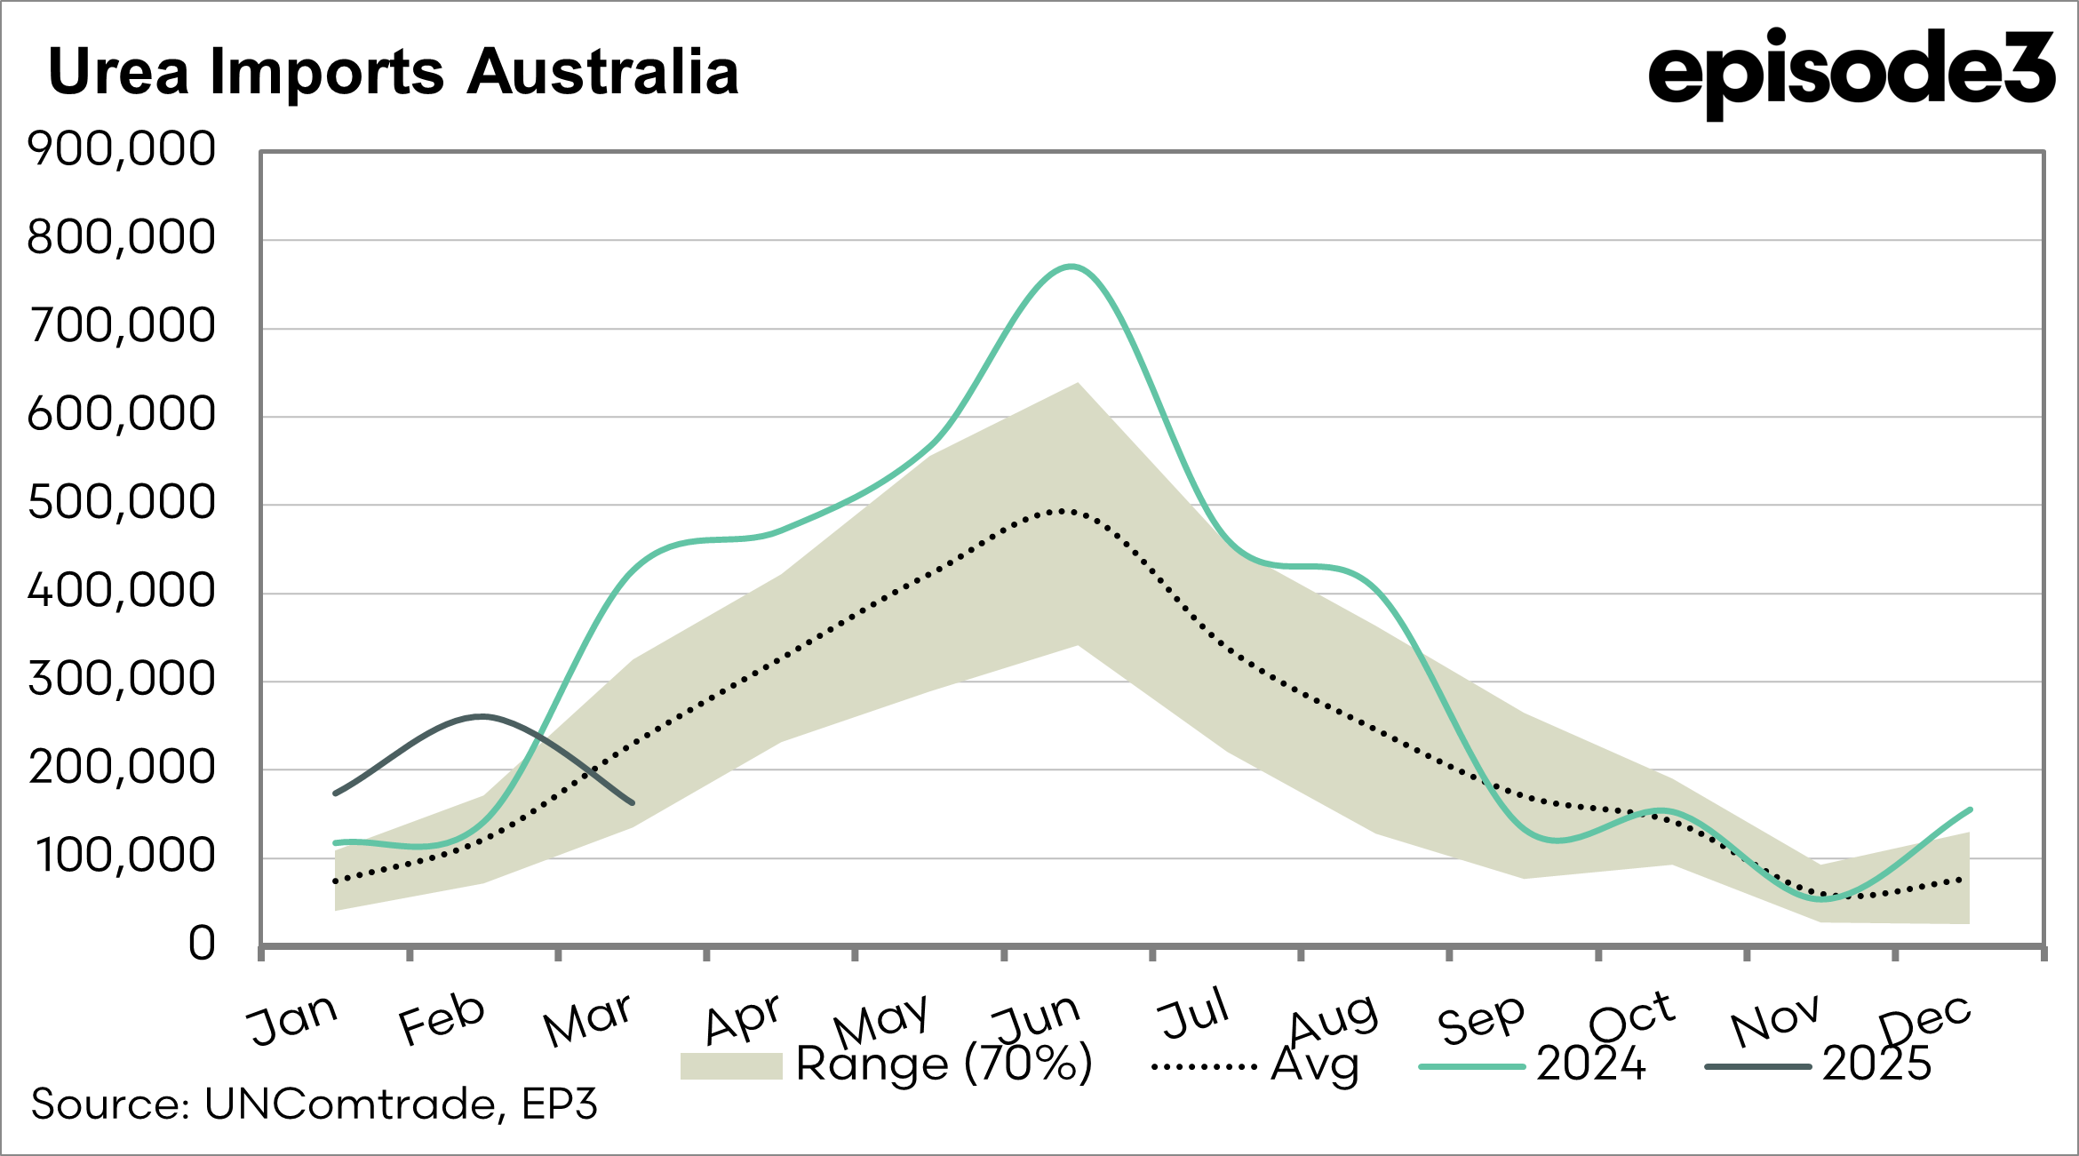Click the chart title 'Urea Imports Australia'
(393, 72)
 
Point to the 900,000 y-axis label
(122, 148)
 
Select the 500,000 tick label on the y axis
(122, 503)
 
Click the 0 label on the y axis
(202, 944)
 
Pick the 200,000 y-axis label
(122, 768)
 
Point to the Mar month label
(588, 1020)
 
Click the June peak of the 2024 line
(1072, 267)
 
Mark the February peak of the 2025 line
(482, 716)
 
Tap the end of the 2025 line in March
(632, 803)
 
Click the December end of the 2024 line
(1970, 809)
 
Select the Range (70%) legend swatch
(731, 1065)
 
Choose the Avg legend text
(1315, 1064)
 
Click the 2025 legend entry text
(1876, 1064)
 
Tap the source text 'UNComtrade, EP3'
(401, 1104)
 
